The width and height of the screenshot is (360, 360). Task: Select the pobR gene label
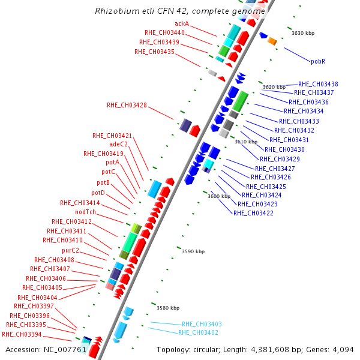pyautogui.click(x=318, y=61)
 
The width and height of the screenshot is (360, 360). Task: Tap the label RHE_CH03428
pyautogui.click(x=127, y=105)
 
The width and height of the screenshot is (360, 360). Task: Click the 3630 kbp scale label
pyautogui.click(x=303, y=33)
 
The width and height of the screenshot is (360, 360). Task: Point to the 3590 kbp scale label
pyautogui.click(x=193, y=252)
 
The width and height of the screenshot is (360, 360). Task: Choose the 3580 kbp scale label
pyautogui.click(x=168, y=308)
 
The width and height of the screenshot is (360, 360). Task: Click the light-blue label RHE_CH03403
pyautogui.click(x=202, y=324)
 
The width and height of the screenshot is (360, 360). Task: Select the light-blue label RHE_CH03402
pyautogui.click(x=198, y=332)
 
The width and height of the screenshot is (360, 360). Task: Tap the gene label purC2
pyautogui.click(x=70, y=250)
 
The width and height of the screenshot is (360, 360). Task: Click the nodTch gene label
pyautogui.click(x=85, y=212)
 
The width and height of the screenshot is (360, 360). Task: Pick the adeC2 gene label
pyautogui.click(x=118, y=144)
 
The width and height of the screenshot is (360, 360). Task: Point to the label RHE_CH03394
pyautogui.click(x=22, y=334)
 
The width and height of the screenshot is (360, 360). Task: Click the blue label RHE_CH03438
pyautogui.click(x=318, y=84)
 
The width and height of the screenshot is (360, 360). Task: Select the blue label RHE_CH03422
pyautogui.click(x=253, y=213)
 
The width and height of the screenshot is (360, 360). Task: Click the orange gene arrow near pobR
pyautogui.click(x=272, y=41)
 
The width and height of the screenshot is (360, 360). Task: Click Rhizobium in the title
pyautogui.click(x=114, y=11)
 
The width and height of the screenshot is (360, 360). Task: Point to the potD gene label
pyautogui.click(x=98, y=193)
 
